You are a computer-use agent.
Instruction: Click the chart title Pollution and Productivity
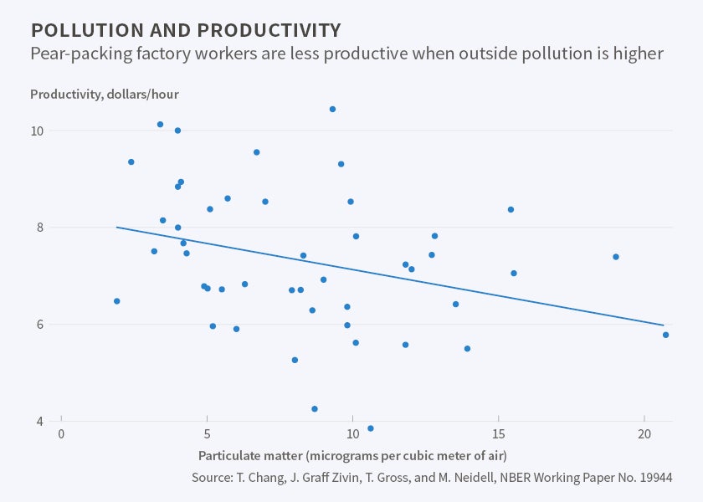click(x=186, y=31)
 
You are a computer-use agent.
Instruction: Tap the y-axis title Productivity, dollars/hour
click(x=104, y=94)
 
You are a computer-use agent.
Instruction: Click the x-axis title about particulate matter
click(x=352, y=456)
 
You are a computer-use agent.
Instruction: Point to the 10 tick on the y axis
click(x=38, y=131)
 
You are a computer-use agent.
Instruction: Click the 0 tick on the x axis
click(x=61, y=437)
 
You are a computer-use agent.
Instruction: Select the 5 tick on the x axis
click(x=207, y=437)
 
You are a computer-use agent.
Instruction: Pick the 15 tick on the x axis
click(x=498, y=437)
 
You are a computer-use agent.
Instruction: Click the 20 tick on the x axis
click(x=644, y=437)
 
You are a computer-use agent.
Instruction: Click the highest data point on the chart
click(x=332, y=109)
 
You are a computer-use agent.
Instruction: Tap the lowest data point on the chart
click(x=371, y=428)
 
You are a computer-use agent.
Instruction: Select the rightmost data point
click(x=665, y=335)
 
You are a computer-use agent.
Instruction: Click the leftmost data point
click(x=116, y=301)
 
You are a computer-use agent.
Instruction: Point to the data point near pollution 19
click(x=615, y=257)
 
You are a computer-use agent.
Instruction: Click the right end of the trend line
click(x=664, y=325)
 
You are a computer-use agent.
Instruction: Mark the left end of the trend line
click(x=116, y=227)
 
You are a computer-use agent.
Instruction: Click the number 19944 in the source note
click(x=653, y=477)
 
